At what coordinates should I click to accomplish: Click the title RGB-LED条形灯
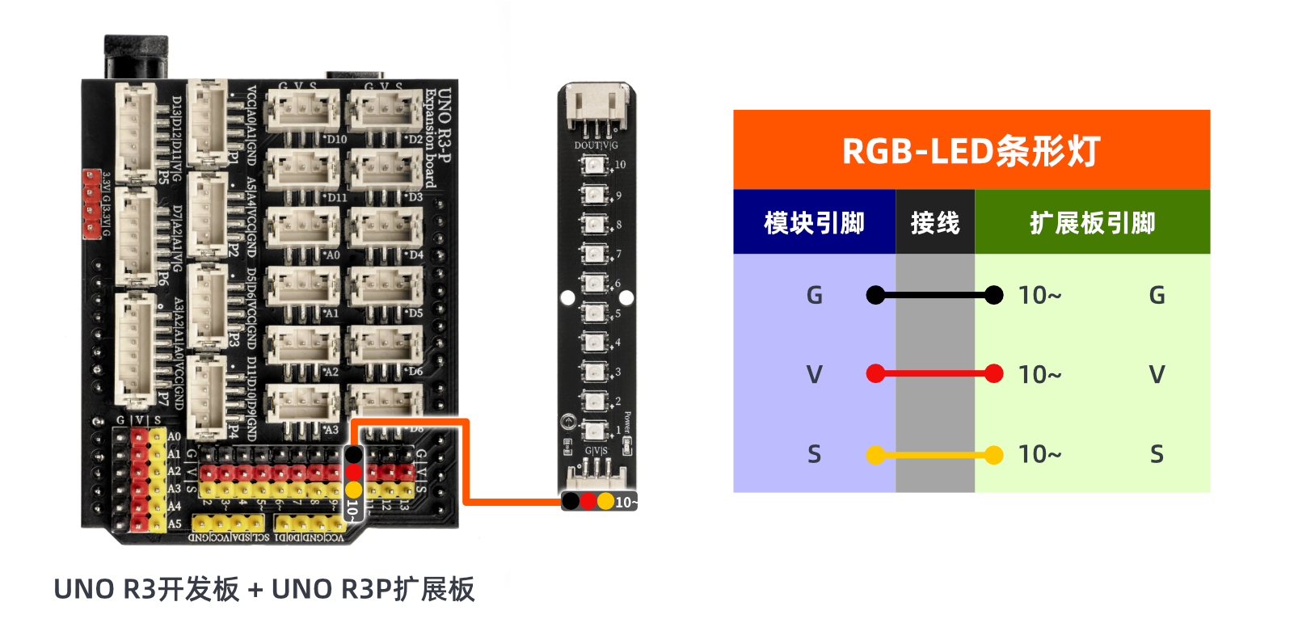[x=971, y=151]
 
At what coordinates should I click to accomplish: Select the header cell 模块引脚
[x=814, y=223]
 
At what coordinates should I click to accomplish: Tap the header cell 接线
[x=935, y=223]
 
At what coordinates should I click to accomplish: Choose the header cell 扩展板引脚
[x=1092, y=223]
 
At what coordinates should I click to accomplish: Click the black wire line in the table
[x=934, y=296]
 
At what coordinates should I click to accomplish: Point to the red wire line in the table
[x=934, y=374]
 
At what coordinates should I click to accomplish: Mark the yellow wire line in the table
[x=934, y=455]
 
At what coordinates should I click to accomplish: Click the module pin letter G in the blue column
[x=814, y=296]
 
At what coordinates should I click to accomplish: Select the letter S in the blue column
[x=814, y=455]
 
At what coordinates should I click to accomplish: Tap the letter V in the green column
[x=1157, y=375]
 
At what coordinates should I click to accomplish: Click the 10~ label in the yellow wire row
[x=1039, y=455]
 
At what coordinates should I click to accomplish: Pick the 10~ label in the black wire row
[x=1039, y=296]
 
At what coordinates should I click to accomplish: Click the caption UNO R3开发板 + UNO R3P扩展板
[x=264, y=589]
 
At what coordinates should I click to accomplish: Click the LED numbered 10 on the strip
[x=594, y=166]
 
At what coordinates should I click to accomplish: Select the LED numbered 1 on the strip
[x=594, y=430]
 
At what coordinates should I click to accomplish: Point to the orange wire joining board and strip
[x=466, y=469]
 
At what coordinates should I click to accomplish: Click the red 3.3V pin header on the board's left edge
[x=91, y=204]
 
